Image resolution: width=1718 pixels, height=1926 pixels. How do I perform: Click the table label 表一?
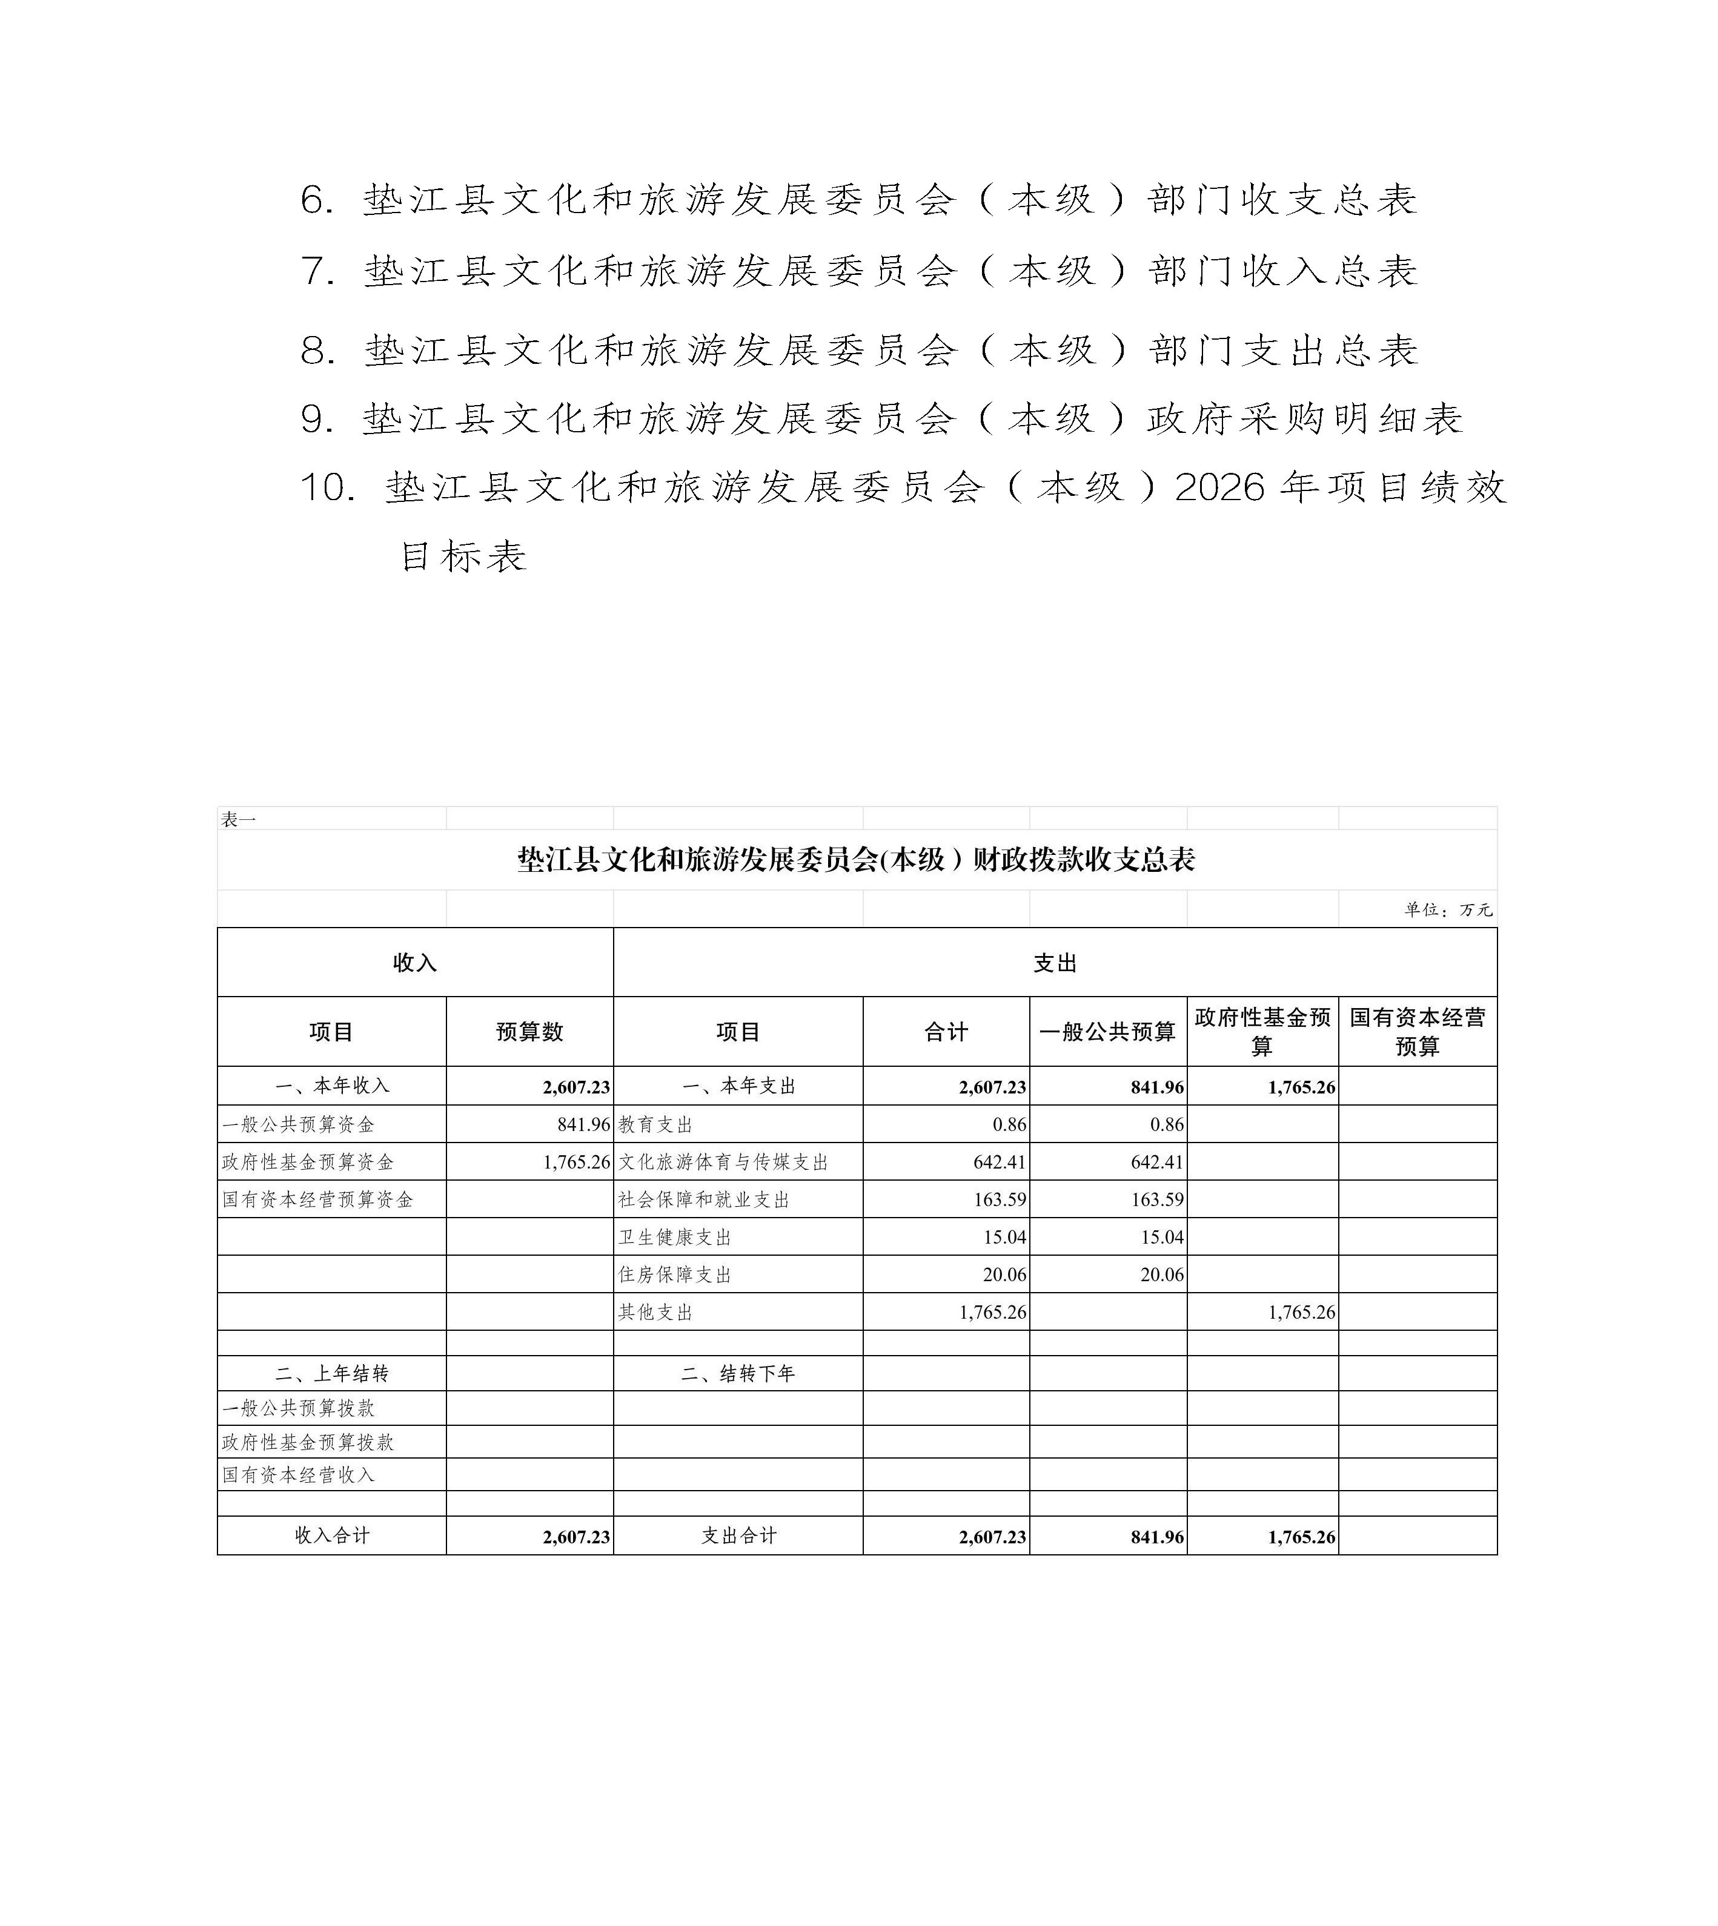coord(238,820)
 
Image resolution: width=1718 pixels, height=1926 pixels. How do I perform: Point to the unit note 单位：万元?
coord(1447,909)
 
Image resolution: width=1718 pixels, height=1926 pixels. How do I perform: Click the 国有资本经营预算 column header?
coord(1417,1031)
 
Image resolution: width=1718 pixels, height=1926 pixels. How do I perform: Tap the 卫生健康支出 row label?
coord(675,1237)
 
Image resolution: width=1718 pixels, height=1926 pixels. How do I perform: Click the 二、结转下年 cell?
coord(738,1374)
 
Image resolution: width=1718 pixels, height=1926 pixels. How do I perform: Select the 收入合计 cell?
coord(331,1535)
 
